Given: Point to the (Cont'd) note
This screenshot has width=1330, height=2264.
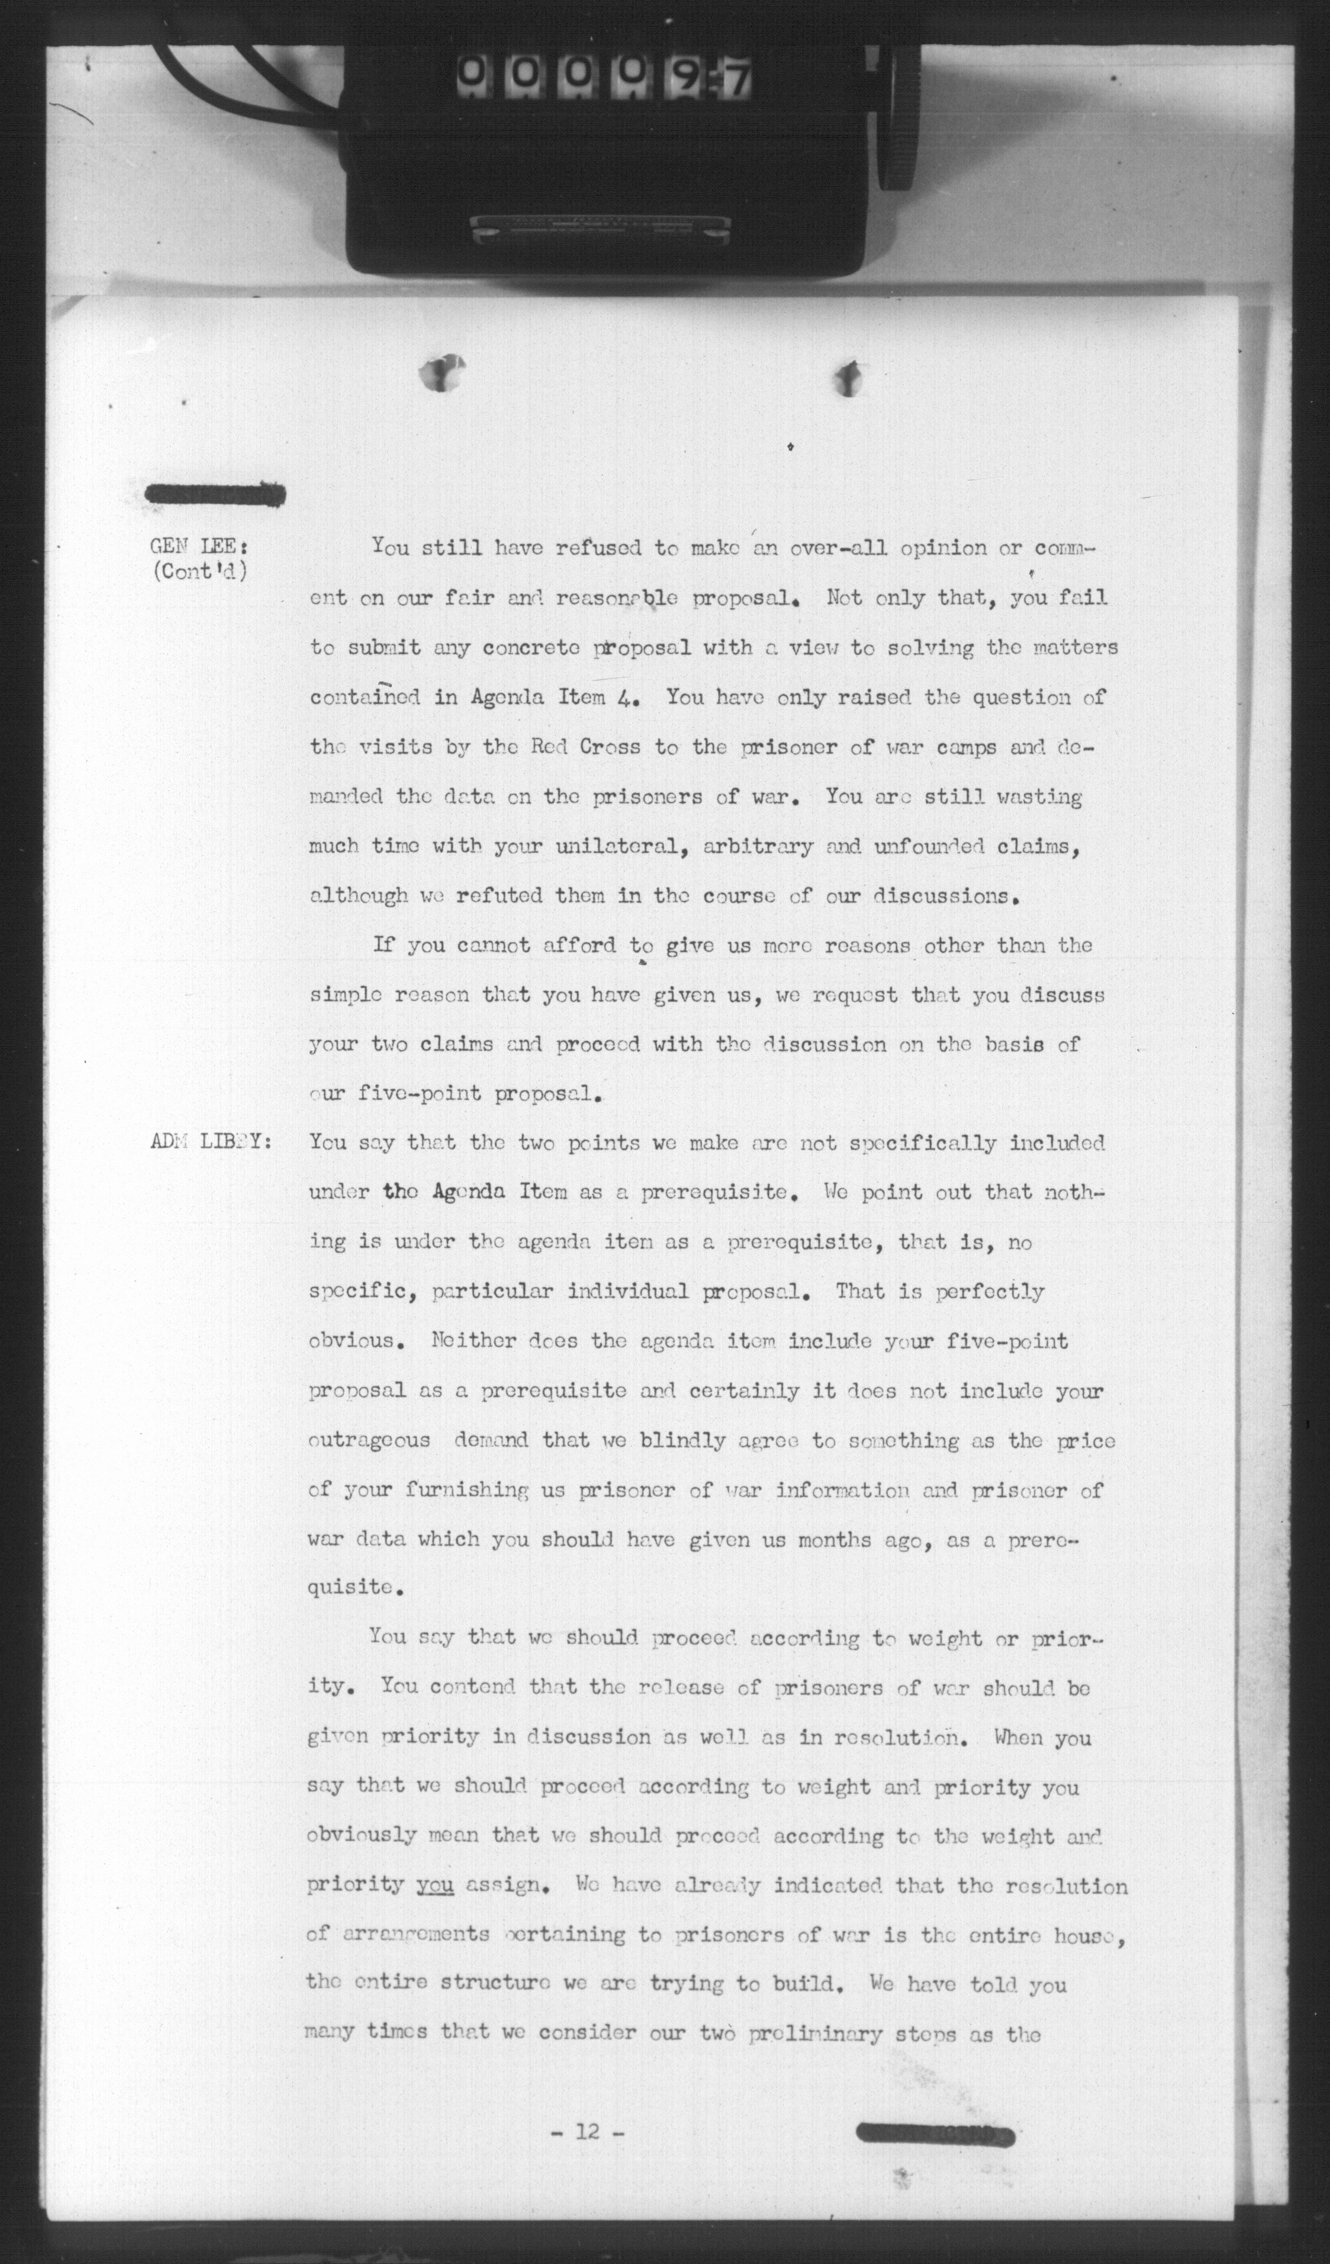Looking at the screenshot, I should click(x=200, y=571).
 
